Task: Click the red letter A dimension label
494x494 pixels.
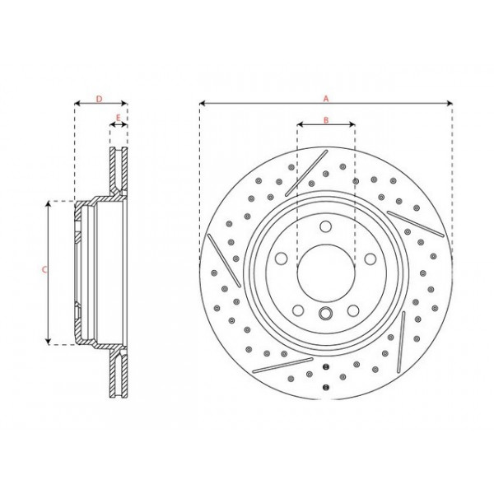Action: [326, 98]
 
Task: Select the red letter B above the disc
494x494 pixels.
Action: [326, 121]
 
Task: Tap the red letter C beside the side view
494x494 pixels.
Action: [44, 270]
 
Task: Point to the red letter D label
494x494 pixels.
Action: [99, 99]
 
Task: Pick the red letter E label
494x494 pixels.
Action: [119, 119]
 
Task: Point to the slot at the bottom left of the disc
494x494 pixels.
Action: [276, 363]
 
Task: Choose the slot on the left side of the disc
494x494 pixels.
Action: [220, 260]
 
